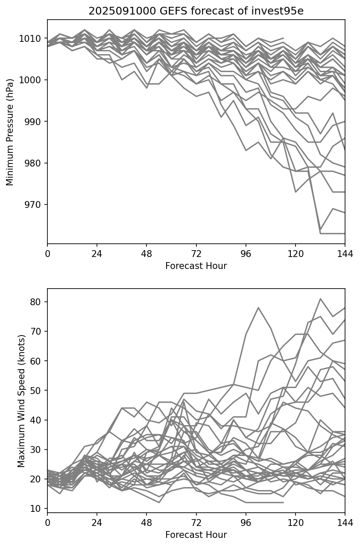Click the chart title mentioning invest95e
click(x=196, y=11)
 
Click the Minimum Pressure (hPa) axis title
click(x=10, y=132)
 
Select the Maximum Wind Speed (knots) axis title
click(x=21, y=400)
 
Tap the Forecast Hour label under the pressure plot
click(x=196, y=266)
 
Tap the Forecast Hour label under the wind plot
click(x=196, y=534)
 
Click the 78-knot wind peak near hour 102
click(x=258, y=307)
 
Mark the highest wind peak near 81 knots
click(x=320, y=299)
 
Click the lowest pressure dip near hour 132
click(x=320, y=233)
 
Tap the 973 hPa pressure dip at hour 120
click(x=296, y=192)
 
